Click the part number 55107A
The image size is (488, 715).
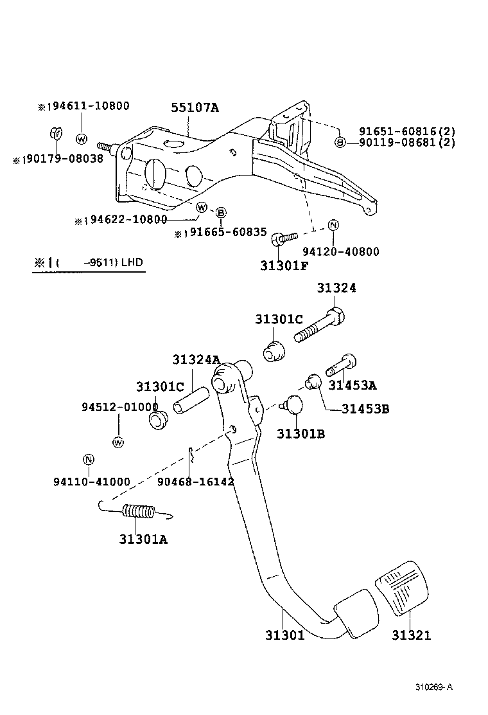click(194, 108)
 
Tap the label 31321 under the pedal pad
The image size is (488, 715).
click(412, 635)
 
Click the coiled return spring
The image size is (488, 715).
click(137, 512)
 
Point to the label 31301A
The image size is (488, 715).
click(143, 539)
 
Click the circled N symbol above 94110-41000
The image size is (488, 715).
click(89, 460)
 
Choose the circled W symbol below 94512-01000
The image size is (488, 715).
click(118, 442)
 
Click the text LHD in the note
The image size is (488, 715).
click(132, 262)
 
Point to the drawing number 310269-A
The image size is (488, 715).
click(434, 687)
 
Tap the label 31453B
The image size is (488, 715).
click(365, 408)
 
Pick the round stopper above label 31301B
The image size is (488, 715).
click(295, 405)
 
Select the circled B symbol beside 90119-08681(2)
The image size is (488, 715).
click(340, 142)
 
